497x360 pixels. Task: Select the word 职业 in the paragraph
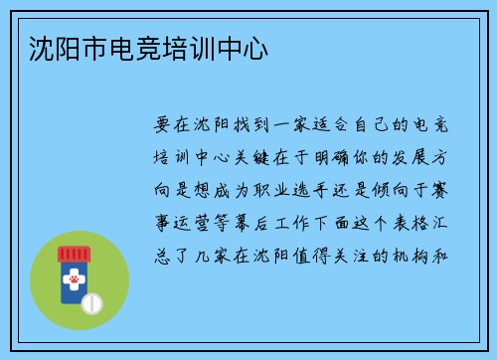[268, 189]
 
